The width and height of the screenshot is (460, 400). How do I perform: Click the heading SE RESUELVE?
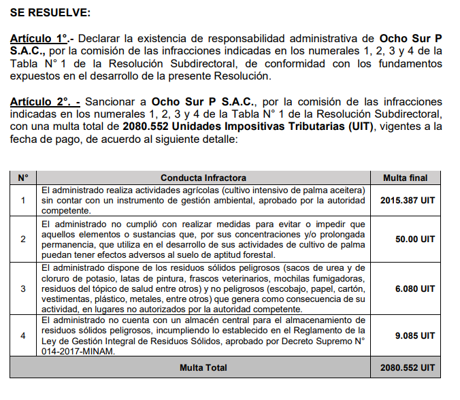tap(50, 13)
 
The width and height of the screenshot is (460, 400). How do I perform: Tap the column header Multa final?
tap(405, 178)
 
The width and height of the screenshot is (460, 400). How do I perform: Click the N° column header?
tap(23, 178)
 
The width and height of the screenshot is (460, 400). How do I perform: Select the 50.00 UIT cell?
tap(414, 239)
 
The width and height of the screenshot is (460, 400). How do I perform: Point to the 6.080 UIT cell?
tap(414, 288)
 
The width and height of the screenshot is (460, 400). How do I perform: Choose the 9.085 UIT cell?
tap(414, 335)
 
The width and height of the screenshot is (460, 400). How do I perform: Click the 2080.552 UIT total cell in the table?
tap(407, 367)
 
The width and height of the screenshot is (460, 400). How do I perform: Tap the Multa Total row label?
tap(203, 367)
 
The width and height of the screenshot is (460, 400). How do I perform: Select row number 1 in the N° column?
tap(23, 200)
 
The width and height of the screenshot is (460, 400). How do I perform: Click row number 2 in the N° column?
tap(23, 239)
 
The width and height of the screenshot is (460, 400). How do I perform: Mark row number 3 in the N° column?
tap(23, 288)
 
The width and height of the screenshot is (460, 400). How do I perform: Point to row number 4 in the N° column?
tap(23, 335)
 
